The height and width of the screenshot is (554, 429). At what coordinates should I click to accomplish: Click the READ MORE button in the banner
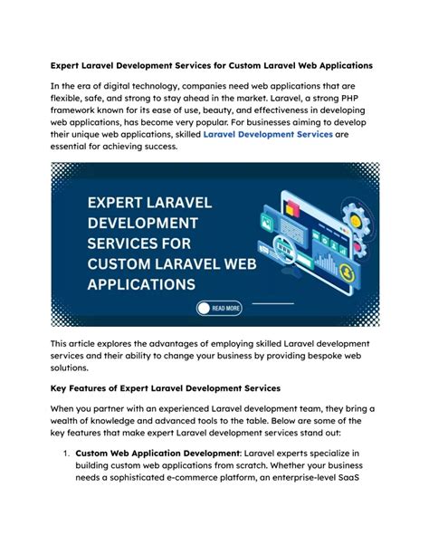click(x=220, y=308)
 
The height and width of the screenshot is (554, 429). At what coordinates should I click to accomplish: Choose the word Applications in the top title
click(x=338, y=66)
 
